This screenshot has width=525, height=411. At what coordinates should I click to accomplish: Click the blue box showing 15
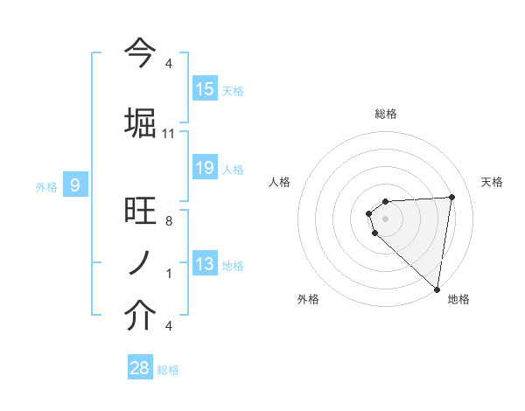[205, 89]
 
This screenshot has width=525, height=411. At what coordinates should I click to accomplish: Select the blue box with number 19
[205, 168]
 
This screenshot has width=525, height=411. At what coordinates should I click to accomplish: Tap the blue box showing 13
[205, 264]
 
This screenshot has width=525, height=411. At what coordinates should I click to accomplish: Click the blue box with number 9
[75, 185]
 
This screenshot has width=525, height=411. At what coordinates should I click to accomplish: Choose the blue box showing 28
[140, 368]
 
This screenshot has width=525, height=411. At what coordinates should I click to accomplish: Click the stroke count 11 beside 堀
[169, 133]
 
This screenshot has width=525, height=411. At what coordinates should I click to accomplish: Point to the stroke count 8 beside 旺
[168, 222]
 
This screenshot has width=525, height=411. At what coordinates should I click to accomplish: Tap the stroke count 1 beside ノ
[168, 274]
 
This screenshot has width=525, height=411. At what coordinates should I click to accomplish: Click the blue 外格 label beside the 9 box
[46, 186]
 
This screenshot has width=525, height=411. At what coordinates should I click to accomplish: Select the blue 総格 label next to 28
[168, 370]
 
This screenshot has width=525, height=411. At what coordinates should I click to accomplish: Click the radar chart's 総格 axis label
[385, 114]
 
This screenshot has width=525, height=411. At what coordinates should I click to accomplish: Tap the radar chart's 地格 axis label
[458, 299]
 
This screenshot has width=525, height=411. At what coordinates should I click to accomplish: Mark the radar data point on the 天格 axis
[451, 197]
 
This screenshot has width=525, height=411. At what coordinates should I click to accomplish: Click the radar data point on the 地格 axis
[437, 289]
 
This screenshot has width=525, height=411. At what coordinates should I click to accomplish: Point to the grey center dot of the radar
[385, 218]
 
